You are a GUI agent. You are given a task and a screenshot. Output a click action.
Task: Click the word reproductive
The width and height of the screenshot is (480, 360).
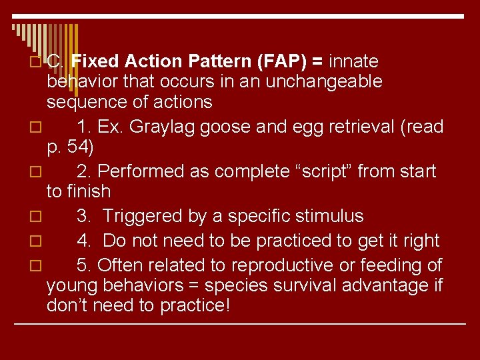pyautogui.click(x=283, y=265)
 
